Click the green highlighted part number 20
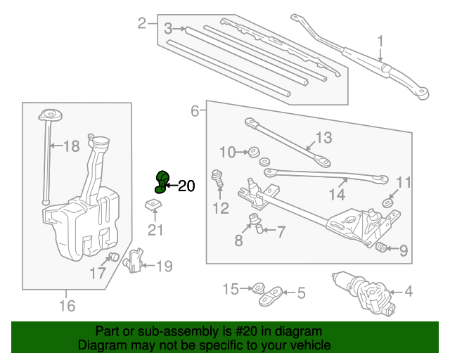pyautogui.click(x=161, y=181)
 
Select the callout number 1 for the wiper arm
pyautogui.click(x=380, y=41)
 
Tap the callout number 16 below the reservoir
pyautogui.click(x=67, y=305)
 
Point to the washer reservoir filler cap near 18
pyautogui.click(x=49, y=115)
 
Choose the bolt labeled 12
pyautogui.click(x=218, y=178)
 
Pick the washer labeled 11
pyautogui.click(x=388, y=203)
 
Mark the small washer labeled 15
pyautogui.click(x=258, y=288)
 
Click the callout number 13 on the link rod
pyautogui.click(x=323, y=137)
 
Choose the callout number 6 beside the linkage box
pyautogui.click(x=195, y=110)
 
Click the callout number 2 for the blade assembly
pyautogui.click(x=142, y=24)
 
